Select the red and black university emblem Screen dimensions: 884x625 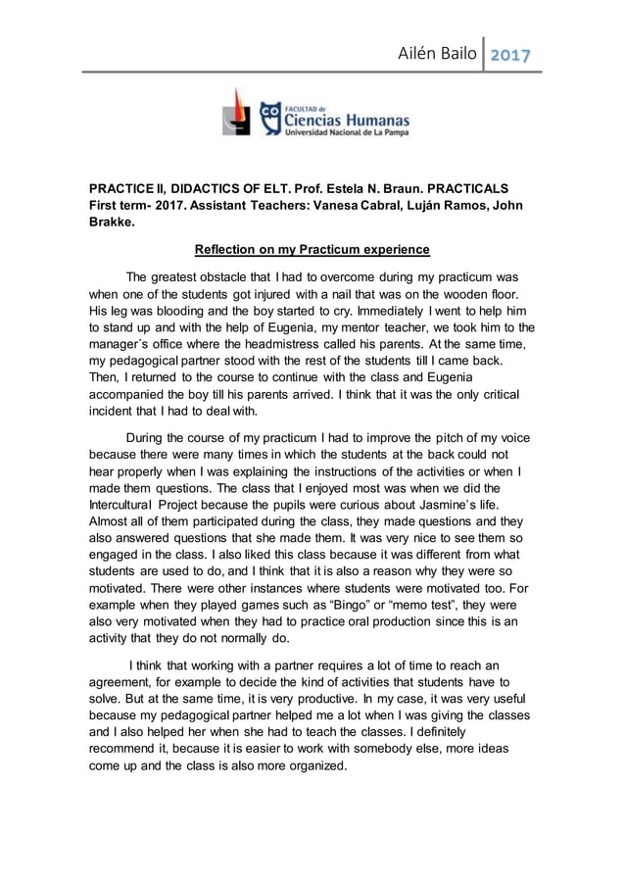[x=236, y=112]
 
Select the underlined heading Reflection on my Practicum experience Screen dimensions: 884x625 [x=312, y=249]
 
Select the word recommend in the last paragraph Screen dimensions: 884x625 [x=127, y=750]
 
